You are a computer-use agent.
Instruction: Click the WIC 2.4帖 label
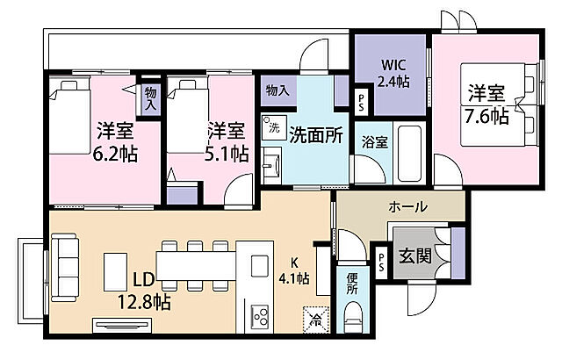click(x=393, y=73)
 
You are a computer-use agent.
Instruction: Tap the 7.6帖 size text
click(x=486, y=115)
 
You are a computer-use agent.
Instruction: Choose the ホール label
click(x=408, y=208)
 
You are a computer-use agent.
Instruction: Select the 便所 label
click(x=352, y=283)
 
